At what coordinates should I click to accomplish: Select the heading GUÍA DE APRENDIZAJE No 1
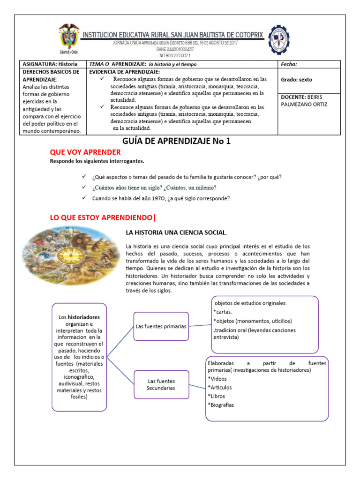coord(177,141)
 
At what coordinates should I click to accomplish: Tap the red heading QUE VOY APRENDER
coord(85,152)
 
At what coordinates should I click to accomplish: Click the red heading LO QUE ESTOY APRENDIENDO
coord(102,217)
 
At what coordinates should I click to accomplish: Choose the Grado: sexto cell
coord(296,80)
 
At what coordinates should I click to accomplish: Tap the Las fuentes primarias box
coord(161,326)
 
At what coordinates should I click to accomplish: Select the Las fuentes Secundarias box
coord(161,384)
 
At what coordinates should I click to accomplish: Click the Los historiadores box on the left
coord(79,357)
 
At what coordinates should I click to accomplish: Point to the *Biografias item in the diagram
coord(220,405)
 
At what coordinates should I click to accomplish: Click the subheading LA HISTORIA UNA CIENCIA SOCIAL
coord(176,232)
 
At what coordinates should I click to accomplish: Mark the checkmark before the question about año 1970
coord(83,198)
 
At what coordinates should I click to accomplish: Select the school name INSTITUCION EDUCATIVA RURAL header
coord(173,35)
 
